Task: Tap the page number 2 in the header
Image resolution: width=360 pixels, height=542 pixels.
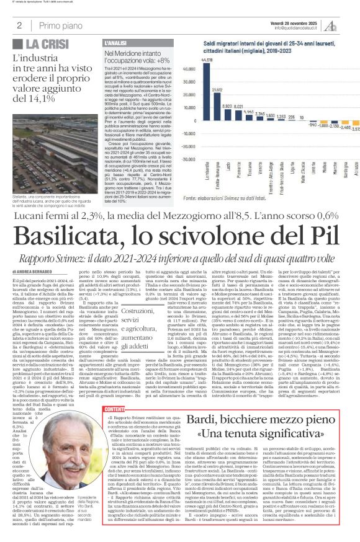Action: pos(19,25)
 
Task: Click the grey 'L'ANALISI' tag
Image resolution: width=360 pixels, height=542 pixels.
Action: pos(116,42)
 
